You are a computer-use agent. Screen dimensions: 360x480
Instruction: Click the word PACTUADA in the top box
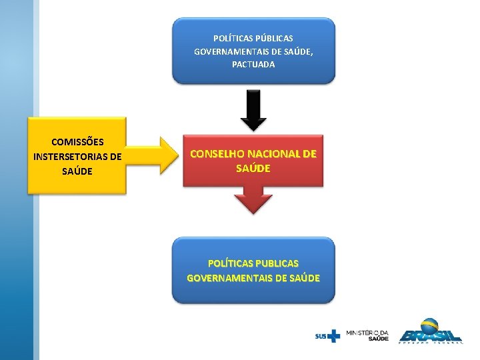tap(253, 65)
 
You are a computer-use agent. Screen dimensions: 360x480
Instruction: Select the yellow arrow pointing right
tap(153, 156)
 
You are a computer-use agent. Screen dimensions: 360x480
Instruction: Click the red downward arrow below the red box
tap(253, 199)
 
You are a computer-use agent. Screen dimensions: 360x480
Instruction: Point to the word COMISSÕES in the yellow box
tap(77, 142)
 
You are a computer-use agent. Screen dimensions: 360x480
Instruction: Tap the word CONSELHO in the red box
tap(219, 154)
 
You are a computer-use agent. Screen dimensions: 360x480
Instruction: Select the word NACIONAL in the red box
tap(274, 154)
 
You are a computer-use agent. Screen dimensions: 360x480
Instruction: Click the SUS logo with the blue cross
tap(327, 335)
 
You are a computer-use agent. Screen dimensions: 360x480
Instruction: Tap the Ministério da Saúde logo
tap(367, 335)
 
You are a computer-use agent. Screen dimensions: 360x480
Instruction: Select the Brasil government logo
tap(430, 331)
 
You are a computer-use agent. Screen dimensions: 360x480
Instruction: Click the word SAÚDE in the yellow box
tap(77, 171)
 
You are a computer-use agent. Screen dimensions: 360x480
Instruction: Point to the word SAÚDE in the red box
tap(253, 168)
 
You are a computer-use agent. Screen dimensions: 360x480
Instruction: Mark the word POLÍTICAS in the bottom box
tap(231, 263)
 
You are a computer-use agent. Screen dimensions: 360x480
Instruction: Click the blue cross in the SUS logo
tap(333, 335)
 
